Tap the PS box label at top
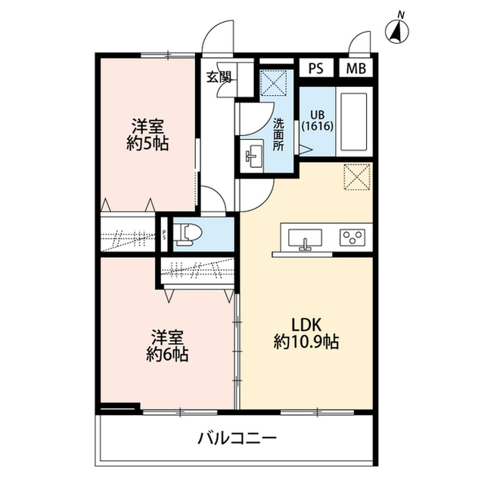tap(316, 67)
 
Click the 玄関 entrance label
tap(217, 75)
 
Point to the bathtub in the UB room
tap(353, 122)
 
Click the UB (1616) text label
tap(314, 122)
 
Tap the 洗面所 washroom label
tap(278, 134)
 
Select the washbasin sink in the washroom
tap(252, 156)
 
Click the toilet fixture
tap(185, 234)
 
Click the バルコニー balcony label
tap(237, 438)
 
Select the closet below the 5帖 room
tap(129, 234)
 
